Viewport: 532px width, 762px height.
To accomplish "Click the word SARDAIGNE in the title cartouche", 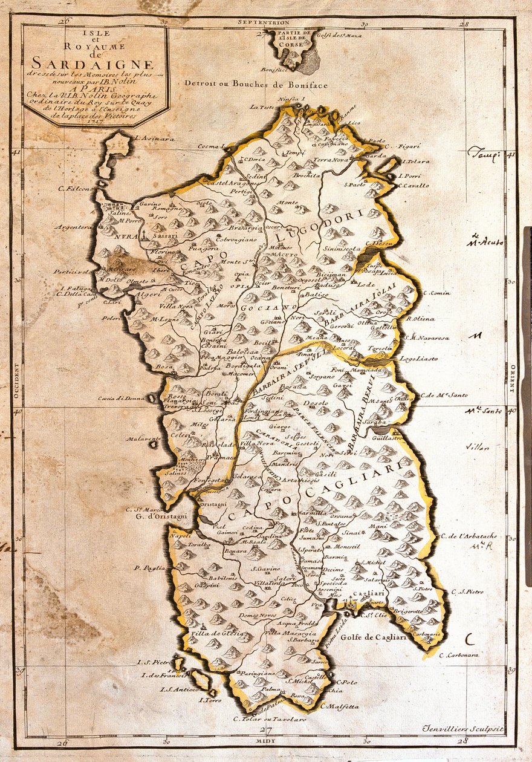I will coord(93,62).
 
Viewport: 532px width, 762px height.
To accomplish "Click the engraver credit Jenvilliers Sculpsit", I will coord(463,729).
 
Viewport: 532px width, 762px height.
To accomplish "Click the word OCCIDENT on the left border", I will coord(18,381).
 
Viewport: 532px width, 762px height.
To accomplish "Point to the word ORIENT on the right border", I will coord(511,380).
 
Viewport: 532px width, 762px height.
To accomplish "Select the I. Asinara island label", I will coord(155,138).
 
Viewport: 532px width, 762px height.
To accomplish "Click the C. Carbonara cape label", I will coord(459,654).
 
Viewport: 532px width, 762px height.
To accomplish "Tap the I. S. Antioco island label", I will coord(179,689).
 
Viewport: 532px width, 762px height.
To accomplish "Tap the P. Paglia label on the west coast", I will coord(150,568).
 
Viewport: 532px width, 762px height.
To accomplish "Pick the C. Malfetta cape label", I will coord(339,706).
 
